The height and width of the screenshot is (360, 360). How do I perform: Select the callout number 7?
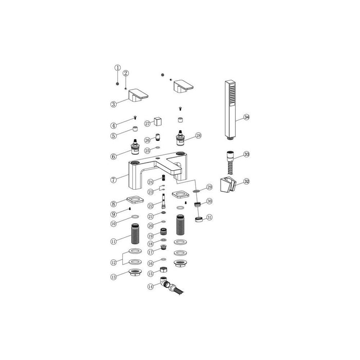(114, 179)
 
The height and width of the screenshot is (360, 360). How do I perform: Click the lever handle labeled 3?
(138, 95)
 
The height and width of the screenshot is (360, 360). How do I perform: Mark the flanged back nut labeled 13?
(136, 273)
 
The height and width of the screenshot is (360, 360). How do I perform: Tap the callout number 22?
(151, 206)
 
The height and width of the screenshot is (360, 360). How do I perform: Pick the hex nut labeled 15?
(163, 272)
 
